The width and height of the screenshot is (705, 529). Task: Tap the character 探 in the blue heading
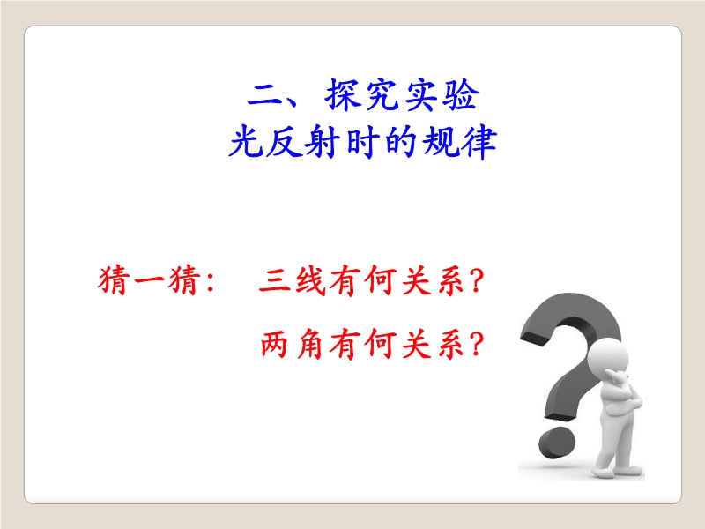343,94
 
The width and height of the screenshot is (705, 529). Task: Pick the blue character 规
439,142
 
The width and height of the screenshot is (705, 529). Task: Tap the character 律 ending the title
479,142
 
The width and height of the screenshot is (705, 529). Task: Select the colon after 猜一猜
210,281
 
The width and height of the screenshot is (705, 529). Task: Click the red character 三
274,281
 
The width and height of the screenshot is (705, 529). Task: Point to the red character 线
310,281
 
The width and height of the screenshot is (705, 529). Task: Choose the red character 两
274,344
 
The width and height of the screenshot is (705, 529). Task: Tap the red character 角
310,344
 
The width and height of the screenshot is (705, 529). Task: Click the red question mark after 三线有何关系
475,280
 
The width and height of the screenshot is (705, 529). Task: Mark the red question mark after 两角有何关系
475,344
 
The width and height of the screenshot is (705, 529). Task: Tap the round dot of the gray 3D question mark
557,443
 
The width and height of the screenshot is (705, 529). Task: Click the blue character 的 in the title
400,142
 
